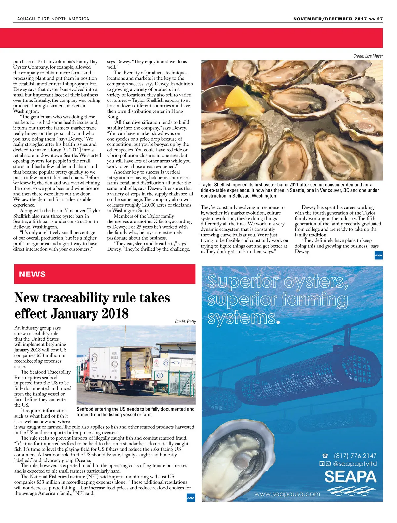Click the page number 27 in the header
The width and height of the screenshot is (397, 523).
tap(380, 19)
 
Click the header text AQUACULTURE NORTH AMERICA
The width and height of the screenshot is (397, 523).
tap(53, 19)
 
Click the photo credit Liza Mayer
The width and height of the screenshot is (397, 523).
tap(368, 56)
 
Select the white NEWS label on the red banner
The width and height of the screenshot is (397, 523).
tap(32, 274)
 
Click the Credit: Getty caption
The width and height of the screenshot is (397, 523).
tap(185, 321)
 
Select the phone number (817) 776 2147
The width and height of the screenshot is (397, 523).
tap(355, 456)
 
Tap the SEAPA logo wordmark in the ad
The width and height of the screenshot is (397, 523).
tap(350, 477)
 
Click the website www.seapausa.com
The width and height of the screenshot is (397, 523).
tap(287, 494)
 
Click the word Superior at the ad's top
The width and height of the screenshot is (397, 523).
tap(243, 281)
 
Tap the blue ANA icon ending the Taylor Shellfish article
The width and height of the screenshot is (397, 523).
tap(378, 255)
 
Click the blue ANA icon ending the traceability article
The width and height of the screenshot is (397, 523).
tap(191, 498)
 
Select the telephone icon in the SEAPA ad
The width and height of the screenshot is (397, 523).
tap(325, 456)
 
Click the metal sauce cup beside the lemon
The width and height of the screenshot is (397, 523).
tap(214, 98)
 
